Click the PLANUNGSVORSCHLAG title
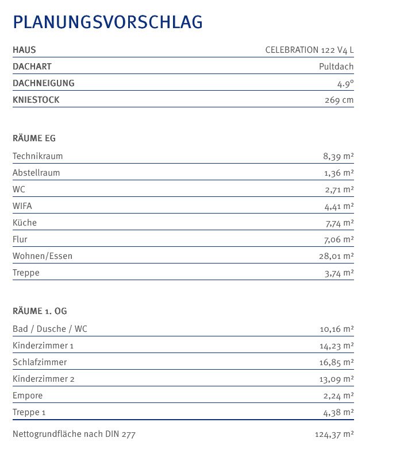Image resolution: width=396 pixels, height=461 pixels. pyautogui.click(x=107, y=22)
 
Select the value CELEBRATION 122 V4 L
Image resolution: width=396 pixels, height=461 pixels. pyautogui.click(x=309, y=50)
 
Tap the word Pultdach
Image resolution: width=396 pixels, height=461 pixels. pyautogui.click(x=336, y=67)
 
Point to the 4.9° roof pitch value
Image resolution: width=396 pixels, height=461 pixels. pyautogui.click(x=345, y=83)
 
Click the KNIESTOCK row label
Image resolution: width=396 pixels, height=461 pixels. pyautogui.click(x=36, y=100)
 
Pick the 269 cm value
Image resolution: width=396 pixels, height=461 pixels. pyautogui.click(x=339, y=100)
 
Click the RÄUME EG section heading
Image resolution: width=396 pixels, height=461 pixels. pyautogui.click(x=34, y=138)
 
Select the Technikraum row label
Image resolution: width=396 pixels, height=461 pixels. pyautogui.click(x=38, y=156)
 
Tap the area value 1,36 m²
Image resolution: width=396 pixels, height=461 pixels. pyautogui.click(x=339, y=173)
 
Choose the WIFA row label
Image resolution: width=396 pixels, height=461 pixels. pyautogui.click(x=22, y=206)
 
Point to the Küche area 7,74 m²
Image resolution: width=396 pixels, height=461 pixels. pyautogui.click(x=339, y=223)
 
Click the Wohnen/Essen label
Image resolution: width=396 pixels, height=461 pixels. pyautogui.click(x=43, y=256)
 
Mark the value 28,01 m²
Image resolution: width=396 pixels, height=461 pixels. pyautogui.click(x=336, y=256)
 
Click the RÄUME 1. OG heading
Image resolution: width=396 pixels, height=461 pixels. pyautogui.click(x=40, y=311)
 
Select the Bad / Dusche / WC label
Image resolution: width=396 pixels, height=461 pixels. pyautogui.click(x=50, y=329)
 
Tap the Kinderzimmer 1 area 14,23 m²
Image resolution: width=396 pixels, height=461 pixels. pyautogui.click(x=336, y=346)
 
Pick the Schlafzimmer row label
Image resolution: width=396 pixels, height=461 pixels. pyautogui.click(x=40, y=362)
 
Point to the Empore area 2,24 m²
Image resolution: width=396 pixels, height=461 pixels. pyautogui.click(x=339, y=396)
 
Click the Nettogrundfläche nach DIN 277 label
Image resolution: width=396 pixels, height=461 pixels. pyautogui.click(x=74, y=434)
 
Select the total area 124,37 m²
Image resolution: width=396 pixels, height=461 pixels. pyautogui.click(x=334, y=435)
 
